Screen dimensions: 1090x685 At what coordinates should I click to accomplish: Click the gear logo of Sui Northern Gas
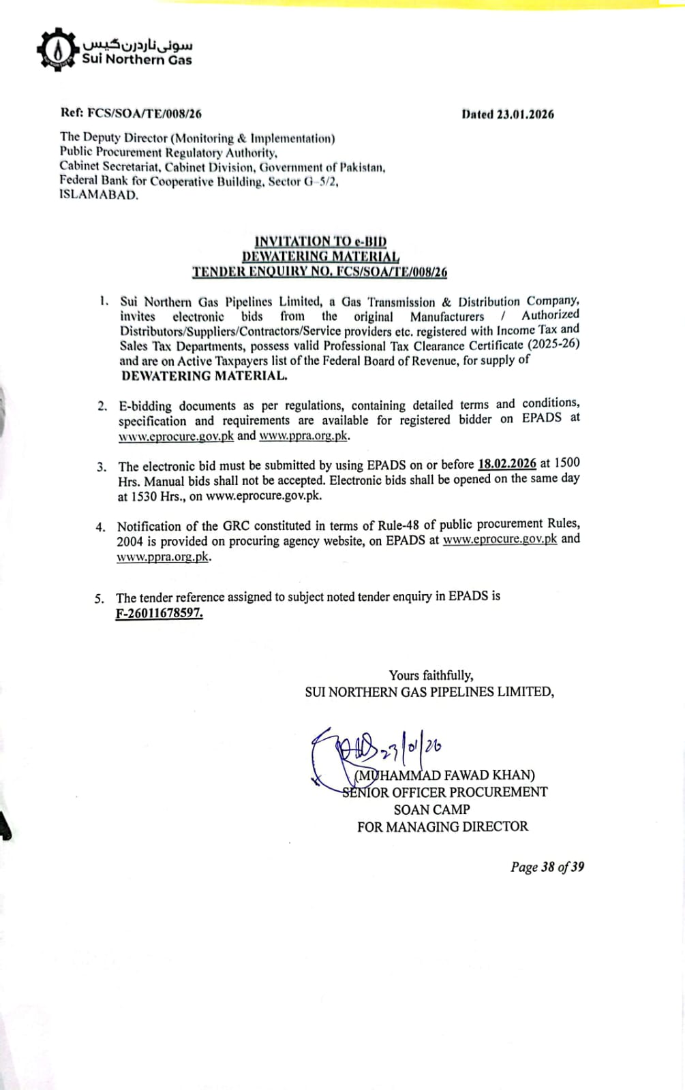pos(57,49)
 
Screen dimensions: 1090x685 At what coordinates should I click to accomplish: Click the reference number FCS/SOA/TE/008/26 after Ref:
pos(144,114)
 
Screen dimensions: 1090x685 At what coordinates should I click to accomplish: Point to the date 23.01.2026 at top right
pos(525,114)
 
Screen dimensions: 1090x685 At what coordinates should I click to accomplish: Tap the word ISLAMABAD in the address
pos(98,195)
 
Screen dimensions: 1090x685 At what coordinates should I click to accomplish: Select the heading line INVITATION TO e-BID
pos(320,241)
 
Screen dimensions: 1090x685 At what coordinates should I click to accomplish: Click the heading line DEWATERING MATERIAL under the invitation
pos(320,256)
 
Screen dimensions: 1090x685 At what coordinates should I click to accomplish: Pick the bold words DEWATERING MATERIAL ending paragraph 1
pos(204,375)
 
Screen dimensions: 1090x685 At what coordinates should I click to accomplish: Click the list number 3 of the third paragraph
pos(101,467)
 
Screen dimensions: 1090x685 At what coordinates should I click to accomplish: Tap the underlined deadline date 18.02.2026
pos(507,464)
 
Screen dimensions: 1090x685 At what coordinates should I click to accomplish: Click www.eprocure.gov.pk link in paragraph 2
pos(176,436)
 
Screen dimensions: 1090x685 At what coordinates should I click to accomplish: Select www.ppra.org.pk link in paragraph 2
pos(303,435)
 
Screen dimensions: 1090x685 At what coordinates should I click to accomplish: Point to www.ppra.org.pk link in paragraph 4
pos(162,557)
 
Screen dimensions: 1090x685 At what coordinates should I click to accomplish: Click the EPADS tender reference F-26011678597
pos(159,612)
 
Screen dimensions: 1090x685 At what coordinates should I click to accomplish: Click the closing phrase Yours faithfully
pos(431,675)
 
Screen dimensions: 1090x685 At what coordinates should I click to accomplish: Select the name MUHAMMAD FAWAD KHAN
pos(444,775)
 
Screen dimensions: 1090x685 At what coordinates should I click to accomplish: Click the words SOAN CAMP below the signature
pos(431,809)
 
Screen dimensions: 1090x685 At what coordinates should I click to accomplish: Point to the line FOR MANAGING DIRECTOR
pos(442,826)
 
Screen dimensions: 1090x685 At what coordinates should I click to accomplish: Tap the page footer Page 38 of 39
pos(547,867)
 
